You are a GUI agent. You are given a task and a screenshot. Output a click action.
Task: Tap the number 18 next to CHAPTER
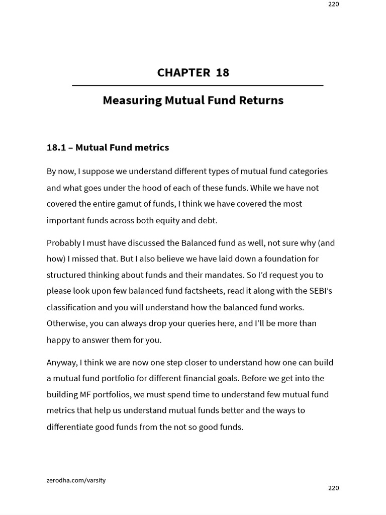point(222,72)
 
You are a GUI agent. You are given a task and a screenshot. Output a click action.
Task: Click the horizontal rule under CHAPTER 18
point(198,86)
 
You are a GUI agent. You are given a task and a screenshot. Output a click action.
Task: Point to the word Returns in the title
point(264,101)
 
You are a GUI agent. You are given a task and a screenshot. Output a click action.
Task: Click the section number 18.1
point(55,148)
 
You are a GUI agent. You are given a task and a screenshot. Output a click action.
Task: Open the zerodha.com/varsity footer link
point(76,480)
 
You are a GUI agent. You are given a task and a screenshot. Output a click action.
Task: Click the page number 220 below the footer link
point(334,488)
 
